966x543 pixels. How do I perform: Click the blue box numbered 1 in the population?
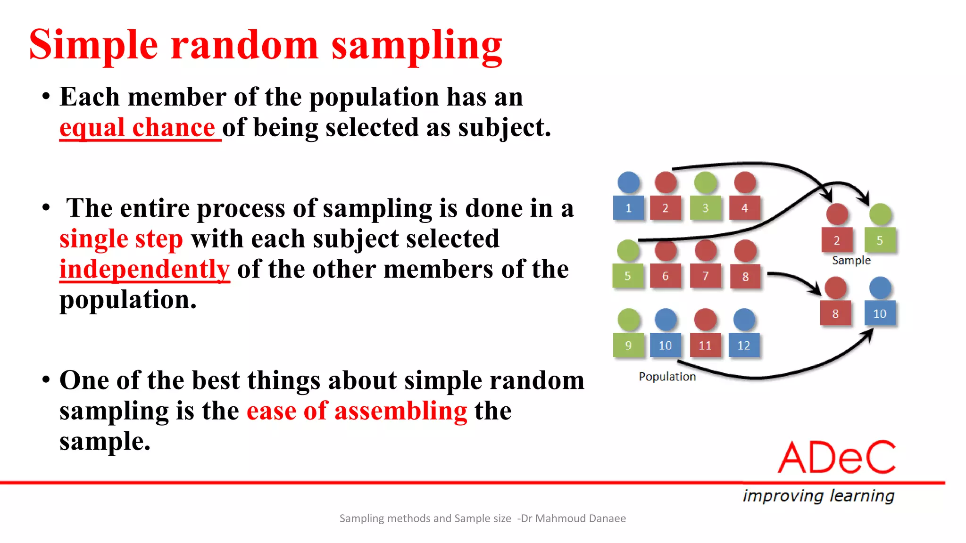628,208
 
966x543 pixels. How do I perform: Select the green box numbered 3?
705,208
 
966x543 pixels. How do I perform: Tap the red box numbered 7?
705,276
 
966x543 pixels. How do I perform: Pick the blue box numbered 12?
744,345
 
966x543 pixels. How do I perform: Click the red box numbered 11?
705,345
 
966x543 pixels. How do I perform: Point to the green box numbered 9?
628,345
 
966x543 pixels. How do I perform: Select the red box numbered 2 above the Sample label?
837,240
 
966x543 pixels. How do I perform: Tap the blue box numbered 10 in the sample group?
880,313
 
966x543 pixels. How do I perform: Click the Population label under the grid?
667,377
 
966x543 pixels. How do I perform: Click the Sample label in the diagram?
851,260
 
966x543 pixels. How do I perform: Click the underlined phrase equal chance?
137,128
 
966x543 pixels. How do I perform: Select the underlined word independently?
144,269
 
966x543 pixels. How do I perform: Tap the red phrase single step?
121,239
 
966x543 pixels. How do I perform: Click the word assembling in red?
400,411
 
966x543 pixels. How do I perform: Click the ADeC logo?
837,457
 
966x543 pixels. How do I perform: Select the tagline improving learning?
818,495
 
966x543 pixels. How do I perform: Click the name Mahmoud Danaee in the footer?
580,518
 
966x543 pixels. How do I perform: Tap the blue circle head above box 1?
628,182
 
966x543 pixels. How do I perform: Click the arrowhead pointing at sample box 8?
816,290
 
